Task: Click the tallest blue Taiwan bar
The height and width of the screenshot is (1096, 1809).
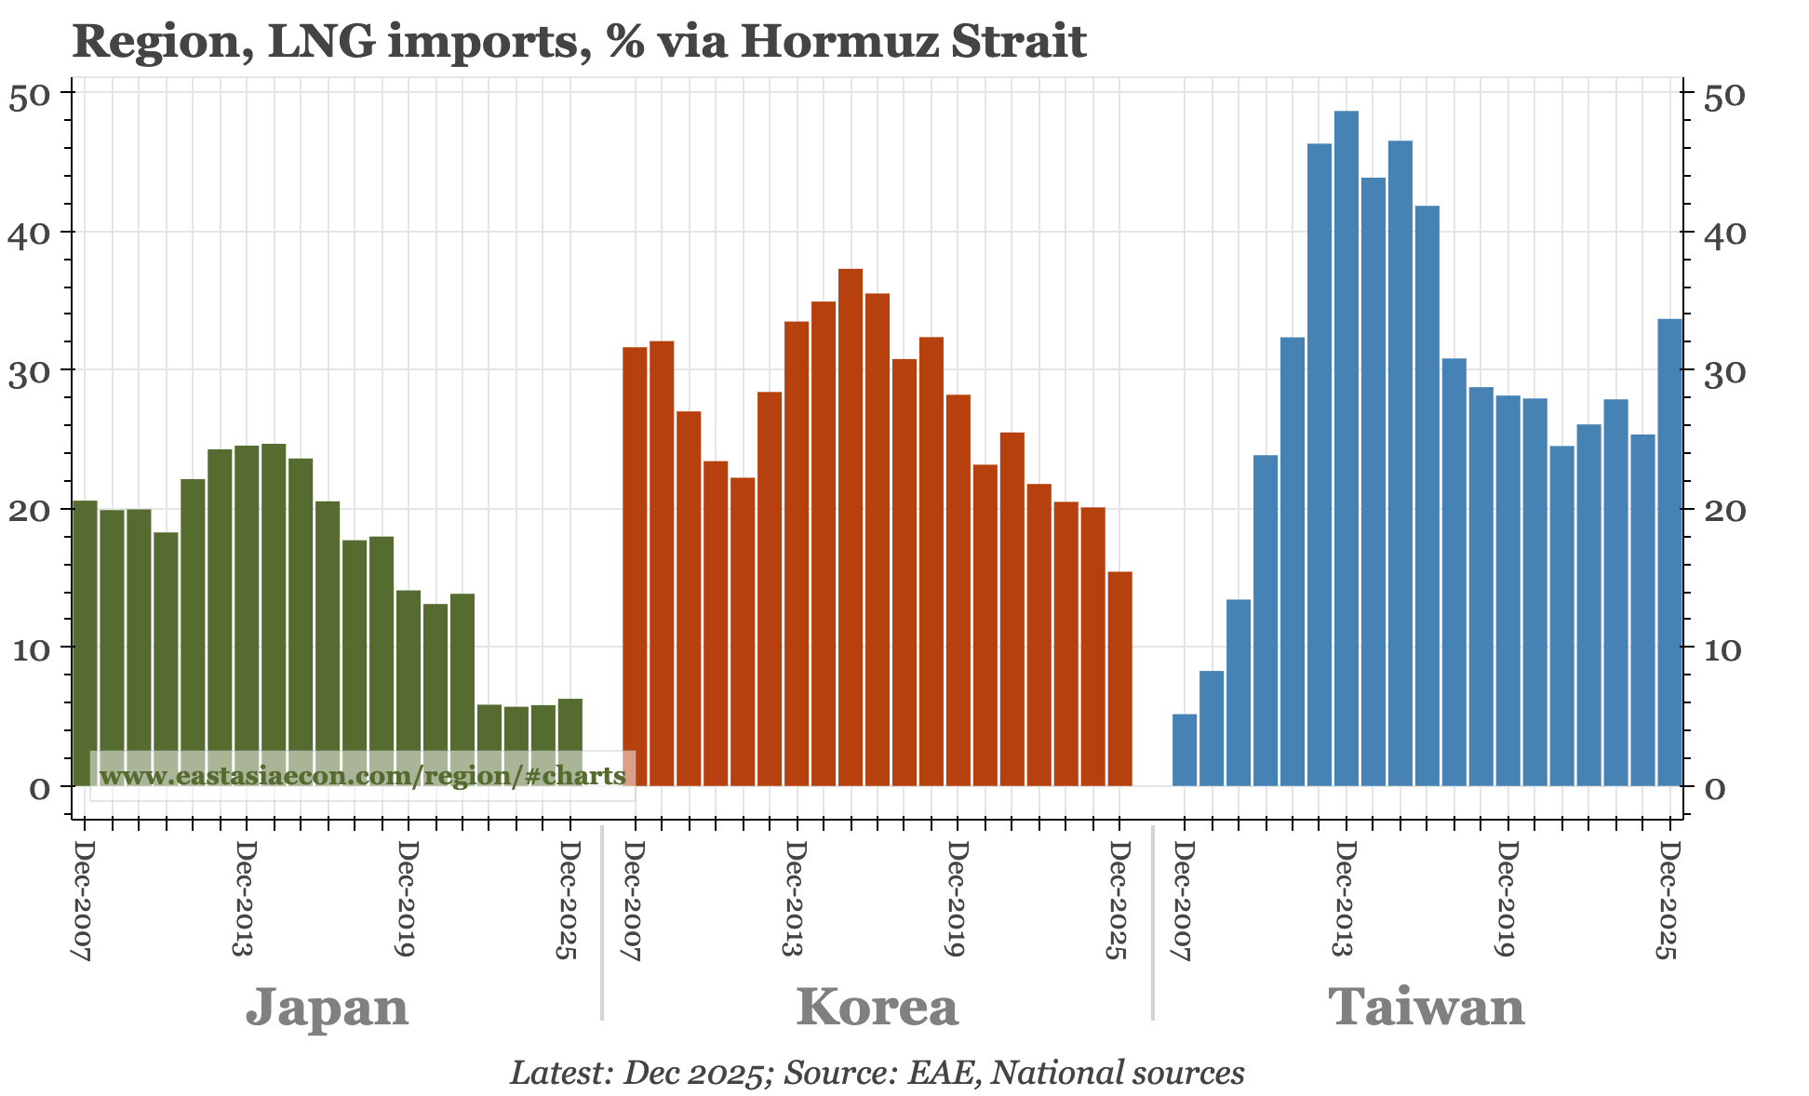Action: tap(1346, 447)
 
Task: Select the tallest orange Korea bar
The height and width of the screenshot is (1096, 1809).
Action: tap(851, 527)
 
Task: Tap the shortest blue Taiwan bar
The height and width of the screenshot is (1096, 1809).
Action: tap(1184, 750)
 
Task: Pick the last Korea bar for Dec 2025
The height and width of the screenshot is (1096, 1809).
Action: tap(1119, 678)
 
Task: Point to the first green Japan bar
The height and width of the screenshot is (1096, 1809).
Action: tap(85, 642)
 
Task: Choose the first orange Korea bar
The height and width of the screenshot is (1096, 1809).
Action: tap(635, 566)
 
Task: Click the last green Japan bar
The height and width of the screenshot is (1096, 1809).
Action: tap(569, 742)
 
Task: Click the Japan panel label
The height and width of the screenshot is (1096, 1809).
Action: tap(327, 1007)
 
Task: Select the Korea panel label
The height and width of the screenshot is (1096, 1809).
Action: tap(877, 1007)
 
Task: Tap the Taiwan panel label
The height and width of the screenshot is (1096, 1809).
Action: tap(1426, 1007)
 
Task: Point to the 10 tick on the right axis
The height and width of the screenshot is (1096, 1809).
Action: tap(1726, 648)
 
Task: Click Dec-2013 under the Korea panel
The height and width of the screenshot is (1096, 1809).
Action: tap(794, 899)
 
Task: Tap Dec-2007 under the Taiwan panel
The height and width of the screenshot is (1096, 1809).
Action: tap(1183, 899)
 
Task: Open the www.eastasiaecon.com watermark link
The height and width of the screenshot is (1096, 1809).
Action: tap(362, 775)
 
